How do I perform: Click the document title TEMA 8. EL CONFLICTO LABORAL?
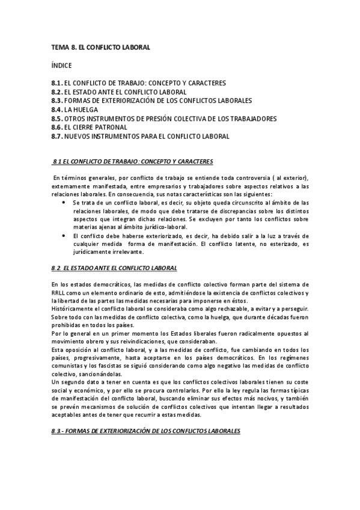(x=100, y=46)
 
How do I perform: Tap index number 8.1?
(x=57, y=82)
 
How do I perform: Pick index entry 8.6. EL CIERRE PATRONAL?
(x=93, y=127)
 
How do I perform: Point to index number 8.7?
(x=57, y=137)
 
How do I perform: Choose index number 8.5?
(x=57, y=118)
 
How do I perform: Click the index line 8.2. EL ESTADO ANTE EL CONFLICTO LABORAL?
(x=118, y=91)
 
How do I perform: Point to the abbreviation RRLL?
(x=60, y=292)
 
